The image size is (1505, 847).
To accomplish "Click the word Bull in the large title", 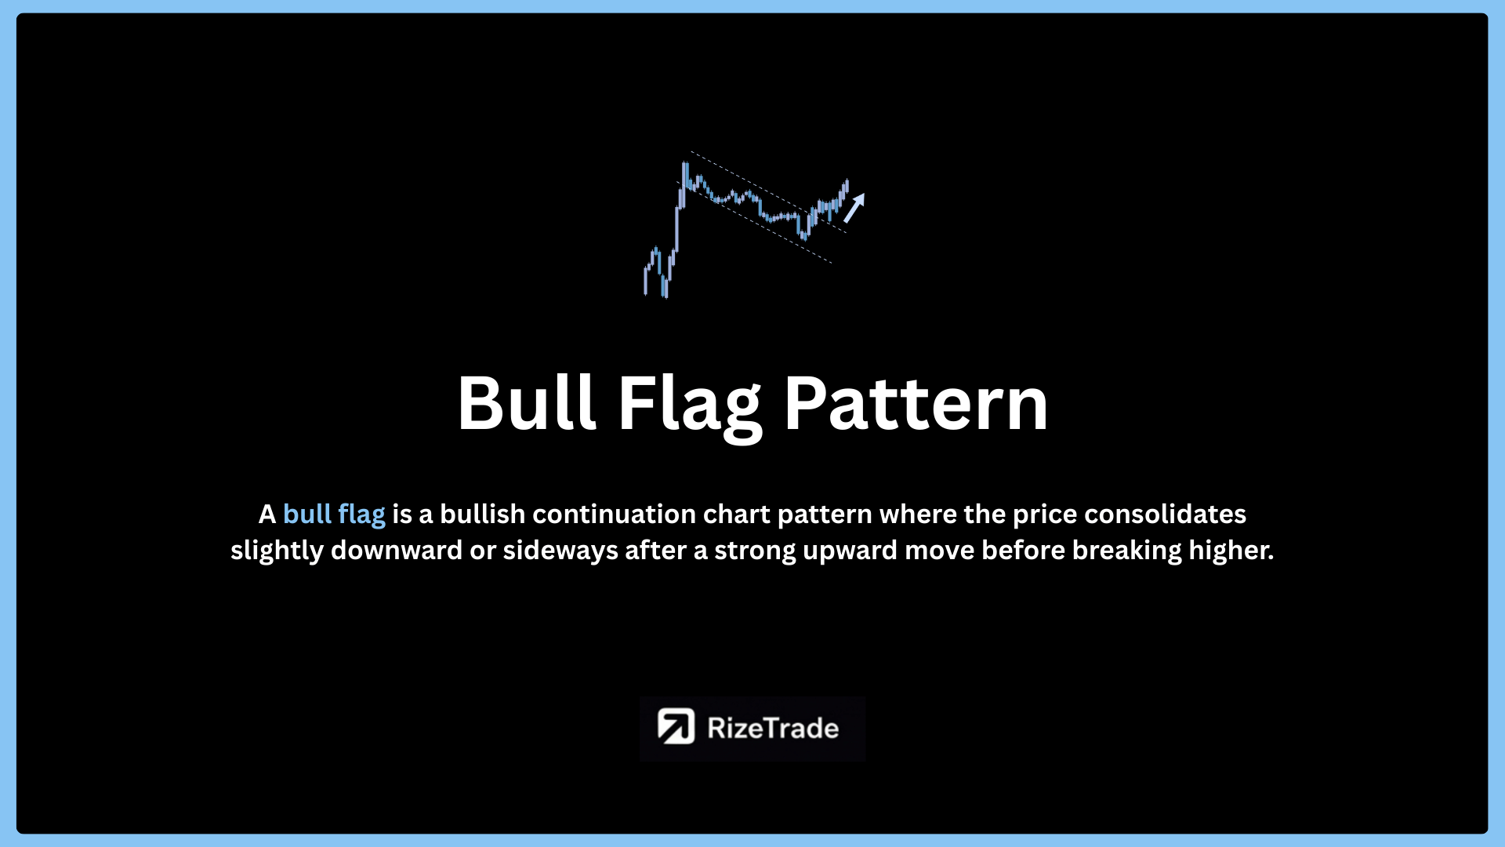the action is (527, 403).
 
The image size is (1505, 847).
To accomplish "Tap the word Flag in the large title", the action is (690, 407).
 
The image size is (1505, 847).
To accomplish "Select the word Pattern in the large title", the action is (916, 403).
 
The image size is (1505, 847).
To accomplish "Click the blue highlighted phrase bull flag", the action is (334, 514).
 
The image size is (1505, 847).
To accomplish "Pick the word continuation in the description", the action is (614, 514).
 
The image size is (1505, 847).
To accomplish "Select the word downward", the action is (397, 550).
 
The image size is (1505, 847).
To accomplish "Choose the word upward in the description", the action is (850, 551).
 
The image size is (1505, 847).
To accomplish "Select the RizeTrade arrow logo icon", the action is (676, 726).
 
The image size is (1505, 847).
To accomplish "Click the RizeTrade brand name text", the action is (773, 728).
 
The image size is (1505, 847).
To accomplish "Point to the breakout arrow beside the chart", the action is (854, 208).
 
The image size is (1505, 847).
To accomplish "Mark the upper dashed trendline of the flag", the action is (768, 192).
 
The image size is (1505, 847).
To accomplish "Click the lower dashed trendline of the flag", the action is (754, 222).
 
